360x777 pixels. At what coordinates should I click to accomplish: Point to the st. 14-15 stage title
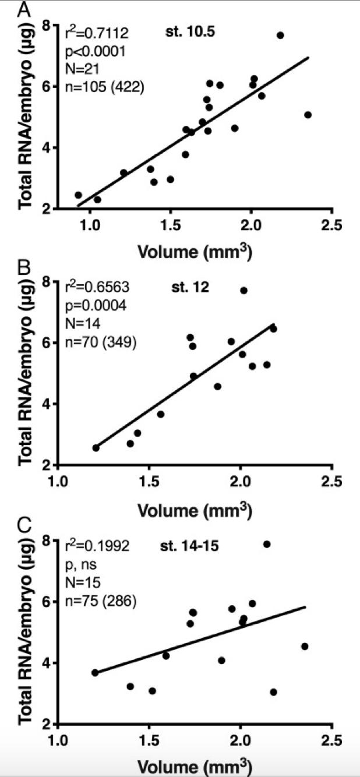click(x=189, y=546)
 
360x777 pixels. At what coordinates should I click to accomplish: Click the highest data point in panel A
click(x=280, y=36)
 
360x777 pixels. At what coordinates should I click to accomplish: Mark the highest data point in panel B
click(x=244, y=291)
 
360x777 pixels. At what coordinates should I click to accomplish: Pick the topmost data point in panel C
click(x=267, y=544)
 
